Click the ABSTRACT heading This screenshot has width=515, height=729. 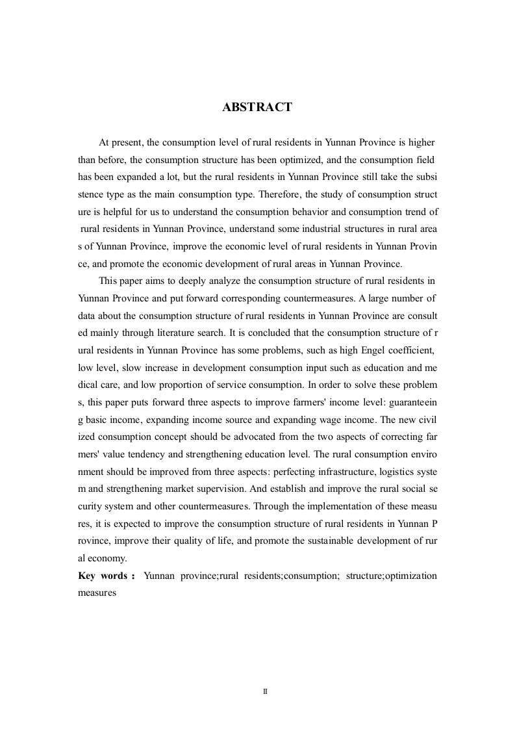[257, 108]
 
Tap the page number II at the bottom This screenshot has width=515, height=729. [265, 692]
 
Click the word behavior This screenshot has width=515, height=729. [298, 211]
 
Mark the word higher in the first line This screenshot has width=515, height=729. [421, 142]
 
